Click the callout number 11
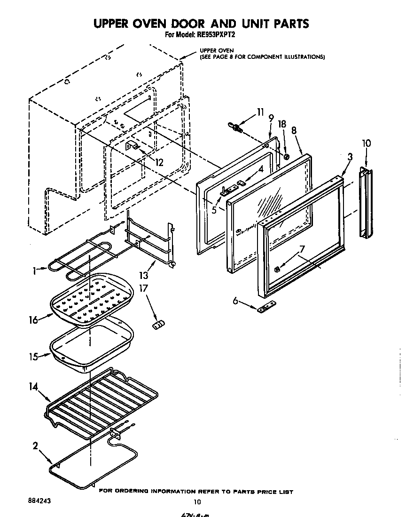pos(260,112)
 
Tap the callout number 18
pos(282,124)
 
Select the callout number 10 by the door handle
pos(367,143)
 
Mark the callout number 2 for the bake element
pos(35,445)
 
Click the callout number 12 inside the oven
pos(159,163)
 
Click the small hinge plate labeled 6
pos(266,309)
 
